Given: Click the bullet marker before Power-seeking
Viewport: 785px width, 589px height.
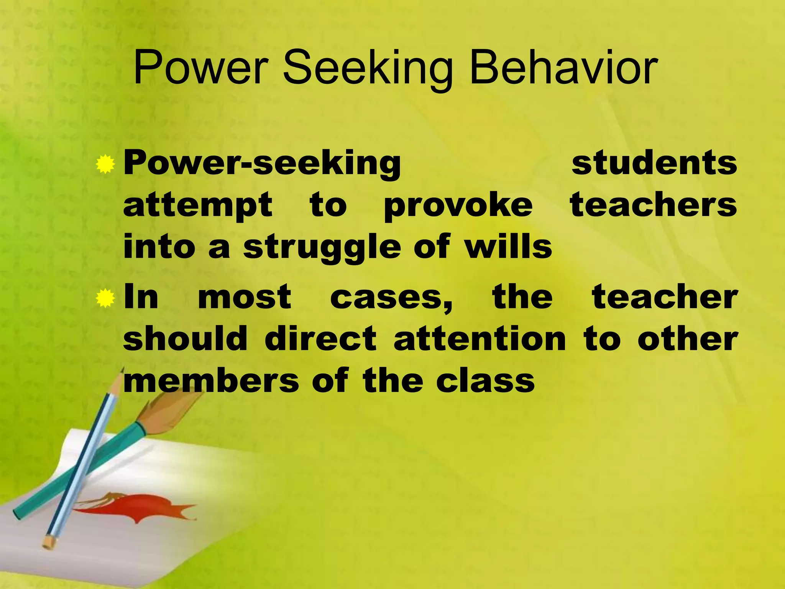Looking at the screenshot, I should pos(105,165).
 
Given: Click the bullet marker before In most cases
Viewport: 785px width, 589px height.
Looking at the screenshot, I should pos(105,299).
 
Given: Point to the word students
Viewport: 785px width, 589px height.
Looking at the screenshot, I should pos(654,163).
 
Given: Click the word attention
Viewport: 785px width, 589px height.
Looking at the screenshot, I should pos(480,339).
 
